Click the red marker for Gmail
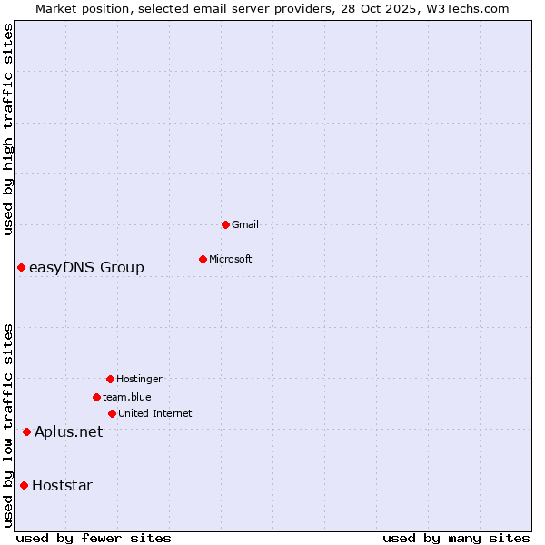pyautogui.click(x=225, y=224)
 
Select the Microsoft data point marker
pyautogui.click(x=203, y=259)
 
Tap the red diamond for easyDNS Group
pyautogui.click(x=21, y=267)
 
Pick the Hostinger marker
pyautogui.click(x=110, y=379)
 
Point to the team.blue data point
pyautogui.click(x=96, y=397)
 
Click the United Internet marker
pyautogui.click(x=112, y=413)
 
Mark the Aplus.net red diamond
pyautogui.click(x=26, y=431)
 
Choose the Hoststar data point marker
pyautogui.click(x=24, y=485)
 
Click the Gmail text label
pyautogui.click(x=245, y=224)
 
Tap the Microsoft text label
pyautogui.click(x=231, y=259)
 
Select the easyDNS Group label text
pyautogui.click(x=86, y=267)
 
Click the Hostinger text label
pyautogui.click(x=139, y=379)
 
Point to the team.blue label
pyautogui.click(x=127, y=397)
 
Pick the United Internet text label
pyautogui.click(x=155, y=413)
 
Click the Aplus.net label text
pyautogui.click(x=68, y=431)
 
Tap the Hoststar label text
pyautogui.click(x=62, y=485)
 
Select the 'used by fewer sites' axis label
pyautogui.click(x=94, y=538)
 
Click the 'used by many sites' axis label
pyautogui.click(x=456, y=538)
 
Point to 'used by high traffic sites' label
pyautogui.click(x=8, y=129)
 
